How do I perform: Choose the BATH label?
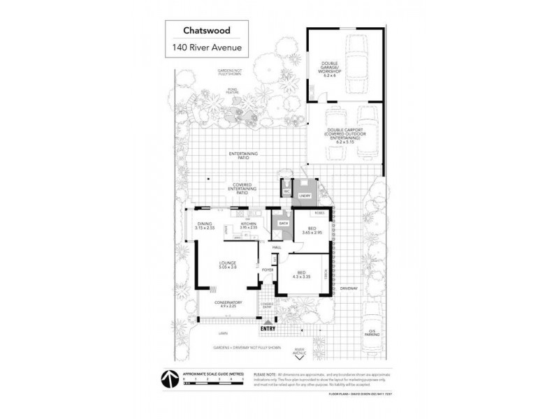(284, 223)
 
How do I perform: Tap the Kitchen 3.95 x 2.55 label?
(249, 225)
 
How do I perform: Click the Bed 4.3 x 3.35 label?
(305, 276)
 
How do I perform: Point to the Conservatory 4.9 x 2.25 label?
(224, 304)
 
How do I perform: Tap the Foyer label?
(267, 269)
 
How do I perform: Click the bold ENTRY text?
(268, 328)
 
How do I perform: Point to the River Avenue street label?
(300, 352)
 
